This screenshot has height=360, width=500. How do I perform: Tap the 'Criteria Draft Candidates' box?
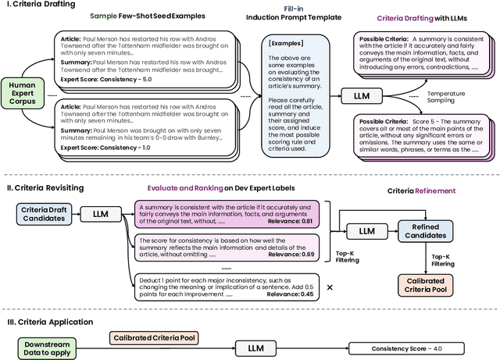pos(43,213)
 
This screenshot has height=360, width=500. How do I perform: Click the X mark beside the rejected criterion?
pos(330,287)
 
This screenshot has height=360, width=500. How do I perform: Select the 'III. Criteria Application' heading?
pos(50,321)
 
